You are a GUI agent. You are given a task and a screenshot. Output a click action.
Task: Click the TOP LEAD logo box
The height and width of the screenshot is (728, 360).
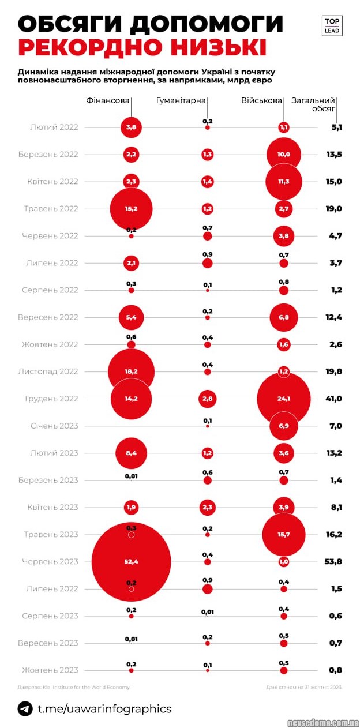(332, 25)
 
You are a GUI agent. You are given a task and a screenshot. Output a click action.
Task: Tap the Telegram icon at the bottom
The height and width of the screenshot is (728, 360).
(25, 708)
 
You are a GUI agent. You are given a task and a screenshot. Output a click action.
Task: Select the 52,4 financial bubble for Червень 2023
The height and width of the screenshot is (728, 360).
(132, 561)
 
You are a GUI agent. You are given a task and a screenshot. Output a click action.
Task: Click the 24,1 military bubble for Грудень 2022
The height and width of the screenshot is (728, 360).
(283, 399)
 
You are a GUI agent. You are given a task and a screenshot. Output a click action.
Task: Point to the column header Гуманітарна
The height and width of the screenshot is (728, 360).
(181, 100)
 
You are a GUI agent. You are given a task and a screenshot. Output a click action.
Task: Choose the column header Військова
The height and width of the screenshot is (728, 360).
(261, 100)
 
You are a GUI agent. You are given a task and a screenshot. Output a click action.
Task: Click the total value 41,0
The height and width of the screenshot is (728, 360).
(333, 399)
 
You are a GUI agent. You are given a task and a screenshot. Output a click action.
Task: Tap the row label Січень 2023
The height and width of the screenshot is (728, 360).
(54, 426)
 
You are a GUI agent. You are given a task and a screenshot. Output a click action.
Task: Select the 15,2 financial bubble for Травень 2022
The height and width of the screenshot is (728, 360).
(132, 209)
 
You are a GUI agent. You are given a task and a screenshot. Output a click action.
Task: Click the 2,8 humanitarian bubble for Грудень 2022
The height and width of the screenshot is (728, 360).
(208, 399)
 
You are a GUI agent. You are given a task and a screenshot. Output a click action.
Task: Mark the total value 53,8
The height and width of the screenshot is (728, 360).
(333, 561)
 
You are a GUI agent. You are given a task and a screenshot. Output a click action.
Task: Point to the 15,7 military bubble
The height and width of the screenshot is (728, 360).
(283, 535)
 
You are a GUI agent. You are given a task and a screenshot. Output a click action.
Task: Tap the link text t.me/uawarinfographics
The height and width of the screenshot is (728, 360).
(104, 708)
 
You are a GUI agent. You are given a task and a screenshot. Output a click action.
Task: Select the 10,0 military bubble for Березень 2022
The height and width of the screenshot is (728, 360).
(283, 155)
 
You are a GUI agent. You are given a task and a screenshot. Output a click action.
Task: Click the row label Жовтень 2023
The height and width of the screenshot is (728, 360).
(50, 670)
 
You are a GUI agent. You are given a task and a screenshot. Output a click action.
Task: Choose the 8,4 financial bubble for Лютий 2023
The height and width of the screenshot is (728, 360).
(132, 453)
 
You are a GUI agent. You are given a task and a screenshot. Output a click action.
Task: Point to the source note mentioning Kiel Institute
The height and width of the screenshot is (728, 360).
(74, 687)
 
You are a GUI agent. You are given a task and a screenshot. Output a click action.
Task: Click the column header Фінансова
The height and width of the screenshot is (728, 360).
(108, 100)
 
